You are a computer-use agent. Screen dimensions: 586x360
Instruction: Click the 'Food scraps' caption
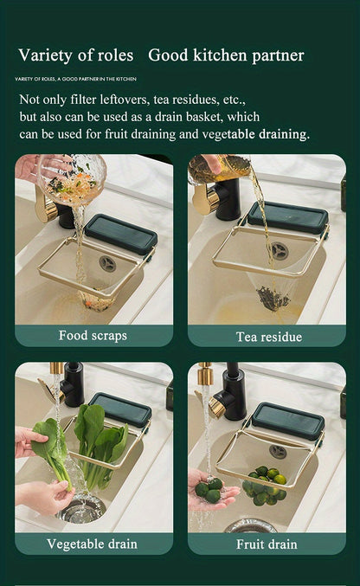pos(93,335)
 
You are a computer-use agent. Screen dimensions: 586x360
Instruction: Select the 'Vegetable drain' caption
pos(93,544)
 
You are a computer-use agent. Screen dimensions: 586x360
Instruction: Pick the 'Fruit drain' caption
pos(267,544)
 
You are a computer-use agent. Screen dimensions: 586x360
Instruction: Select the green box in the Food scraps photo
pos(121,233)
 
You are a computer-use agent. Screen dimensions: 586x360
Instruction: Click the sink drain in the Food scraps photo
pos(107,263)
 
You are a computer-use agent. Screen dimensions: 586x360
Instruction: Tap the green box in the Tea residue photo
pos(287,217)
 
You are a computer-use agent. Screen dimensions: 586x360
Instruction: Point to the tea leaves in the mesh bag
pos(273,299)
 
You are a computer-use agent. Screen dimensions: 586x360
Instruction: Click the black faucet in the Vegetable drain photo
pos(73,384)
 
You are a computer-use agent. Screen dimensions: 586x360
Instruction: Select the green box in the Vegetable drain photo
pos(120,410)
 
